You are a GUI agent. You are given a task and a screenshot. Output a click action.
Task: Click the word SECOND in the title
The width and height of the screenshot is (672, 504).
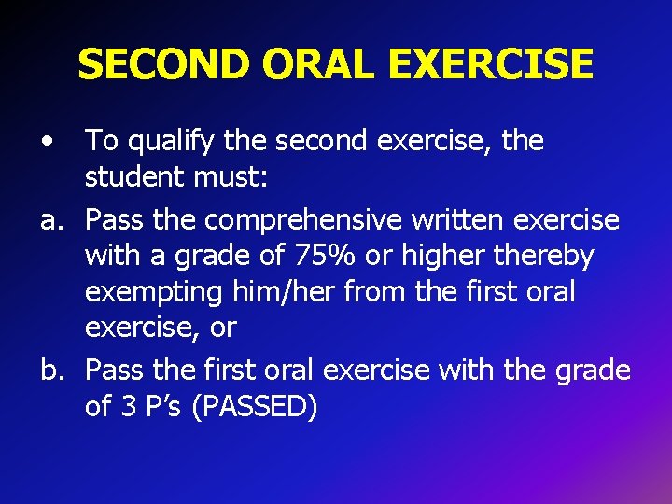pos(164,64)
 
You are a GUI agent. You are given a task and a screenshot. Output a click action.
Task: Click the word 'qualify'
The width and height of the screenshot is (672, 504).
pos(172,142)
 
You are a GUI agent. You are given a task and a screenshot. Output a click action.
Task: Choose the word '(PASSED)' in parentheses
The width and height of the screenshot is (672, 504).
pos(253,407)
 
